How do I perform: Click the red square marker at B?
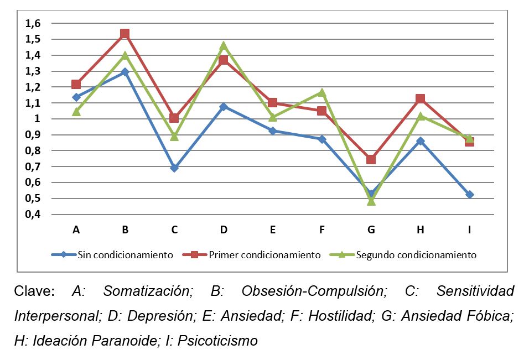125,34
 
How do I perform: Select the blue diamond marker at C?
174,168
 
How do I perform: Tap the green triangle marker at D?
224,45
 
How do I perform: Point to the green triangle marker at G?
371,201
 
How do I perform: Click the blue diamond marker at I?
469,195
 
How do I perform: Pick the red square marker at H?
421,99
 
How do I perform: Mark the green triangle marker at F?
322,92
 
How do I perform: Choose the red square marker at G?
371,160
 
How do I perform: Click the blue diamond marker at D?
224,106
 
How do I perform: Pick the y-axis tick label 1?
38,119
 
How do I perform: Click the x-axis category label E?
273,230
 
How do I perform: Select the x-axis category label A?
76,230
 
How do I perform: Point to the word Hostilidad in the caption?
339,316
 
